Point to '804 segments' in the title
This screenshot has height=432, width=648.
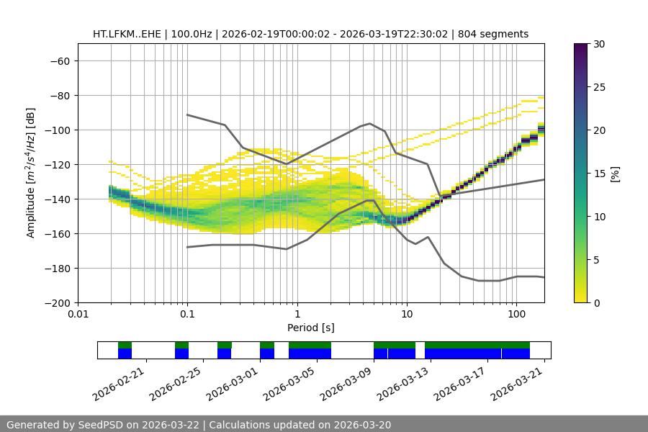(x=498, y=34)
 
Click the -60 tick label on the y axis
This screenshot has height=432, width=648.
(x=59, y=60)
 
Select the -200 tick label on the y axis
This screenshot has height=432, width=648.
(x=56, y=302)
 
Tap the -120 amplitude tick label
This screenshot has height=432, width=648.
(x=56, y=164)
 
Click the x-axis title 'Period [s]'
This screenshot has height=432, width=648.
(x=311, y=328)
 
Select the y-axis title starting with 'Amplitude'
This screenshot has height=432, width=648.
(x=30, y=173)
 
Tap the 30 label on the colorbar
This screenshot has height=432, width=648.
(x=599, y=44)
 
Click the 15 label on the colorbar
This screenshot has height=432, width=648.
(x=599, y=174)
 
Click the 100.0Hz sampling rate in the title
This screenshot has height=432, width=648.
(x=191, y=34)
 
